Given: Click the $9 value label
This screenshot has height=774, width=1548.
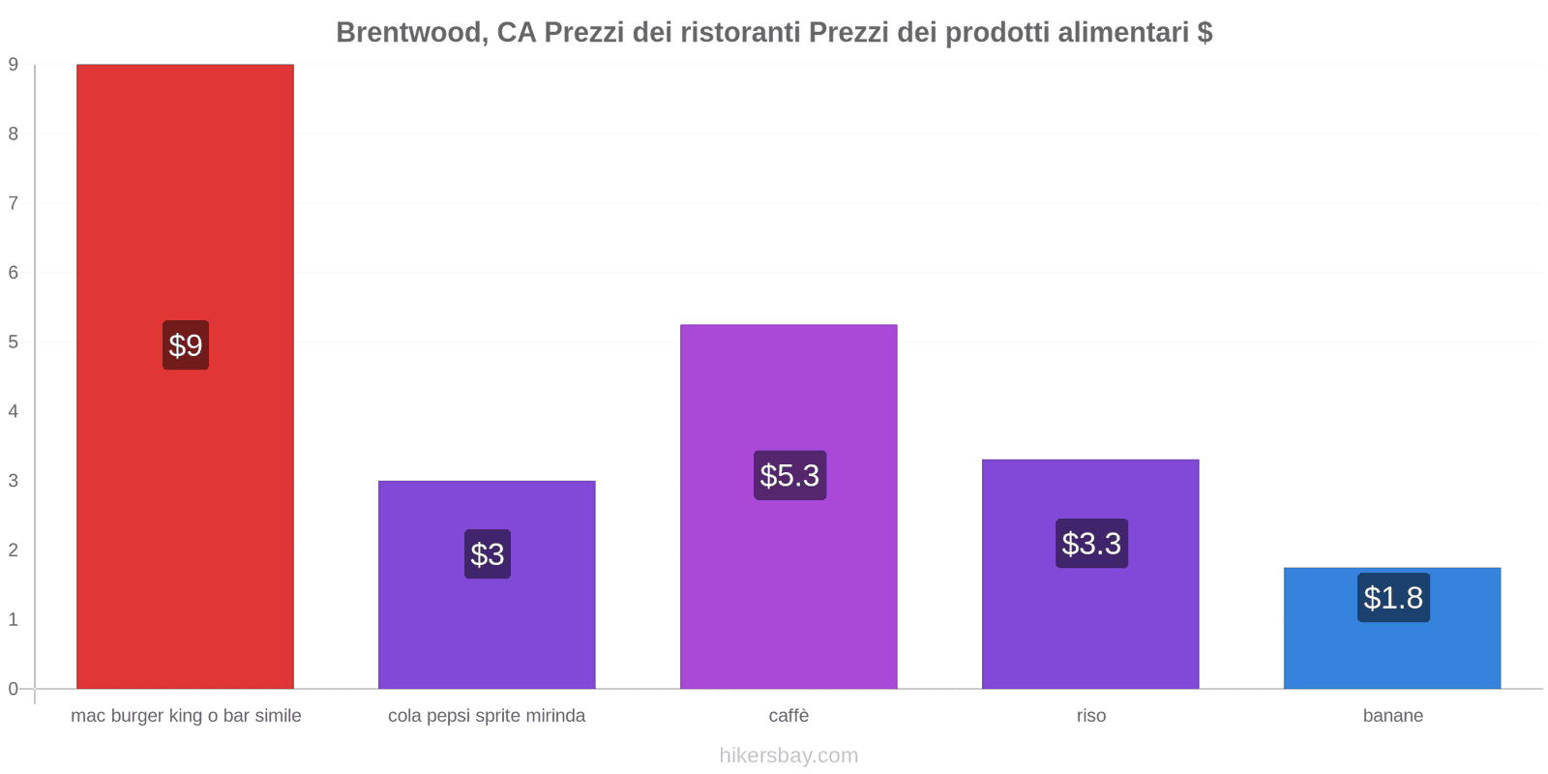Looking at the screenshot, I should click(186, 345).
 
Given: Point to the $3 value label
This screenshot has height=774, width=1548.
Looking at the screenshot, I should click(488, 554).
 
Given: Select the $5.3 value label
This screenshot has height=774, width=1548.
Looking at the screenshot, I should click(789, 475).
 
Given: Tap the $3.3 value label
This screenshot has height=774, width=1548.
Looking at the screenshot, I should click(1091, 544).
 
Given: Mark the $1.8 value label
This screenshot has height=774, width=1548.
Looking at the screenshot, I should click(1393, 598).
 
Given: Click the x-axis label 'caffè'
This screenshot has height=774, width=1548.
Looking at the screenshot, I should click(789, 716).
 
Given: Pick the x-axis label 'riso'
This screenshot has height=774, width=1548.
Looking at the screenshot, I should click(1090, 716).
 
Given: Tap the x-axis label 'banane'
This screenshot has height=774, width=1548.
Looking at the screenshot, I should click(1392, 716).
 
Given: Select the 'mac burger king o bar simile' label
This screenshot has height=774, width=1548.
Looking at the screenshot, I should click(186, 716).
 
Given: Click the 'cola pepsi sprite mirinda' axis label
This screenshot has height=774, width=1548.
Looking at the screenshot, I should click(487, 716).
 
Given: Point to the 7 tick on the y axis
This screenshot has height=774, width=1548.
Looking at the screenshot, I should click(14, 203).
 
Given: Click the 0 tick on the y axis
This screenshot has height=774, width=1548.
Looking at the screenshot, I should click(14, 689).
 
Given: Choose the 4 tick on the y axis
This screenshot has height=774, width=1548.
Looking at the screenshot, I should click(14, 411).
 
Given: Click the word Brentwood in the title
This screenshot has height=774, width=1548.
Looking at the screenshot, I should click(410, 33).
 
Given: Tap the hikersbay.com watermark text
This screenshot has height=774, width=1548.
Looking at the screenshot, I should click(789, 756).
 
